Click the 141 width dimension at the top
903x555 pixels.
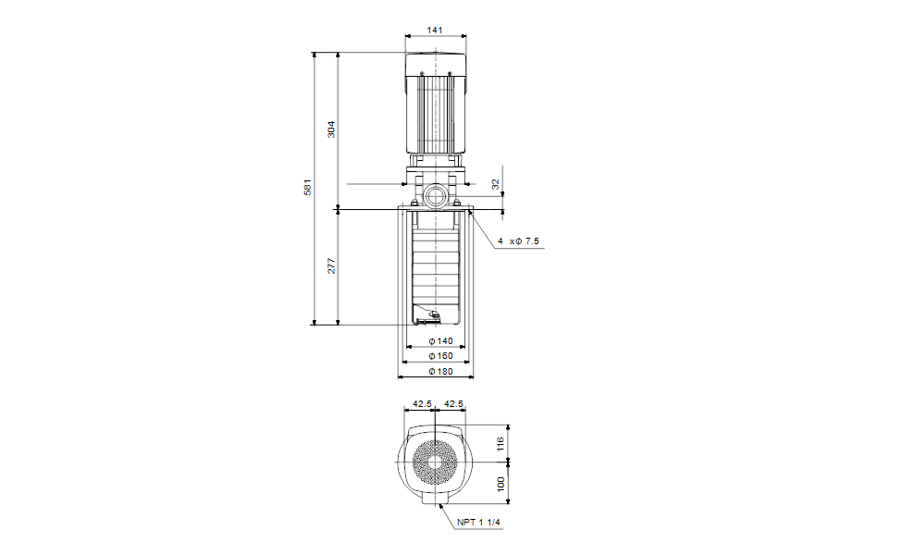point(435,30)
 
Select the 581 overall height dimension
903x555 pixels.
point(307,187)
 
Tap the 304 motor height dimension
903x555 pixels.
point(330,129)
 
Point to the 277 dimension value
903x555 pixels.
point(331,266)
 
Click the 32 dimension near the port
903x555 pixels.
point(495,184)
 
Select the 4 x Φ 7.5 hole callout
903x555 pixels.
point(518,241)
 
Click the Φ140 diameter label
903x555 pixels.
point(440,340)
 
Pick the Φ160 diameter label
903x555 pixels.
point(440,356)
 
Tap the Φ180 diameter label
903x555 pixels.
point(440,371)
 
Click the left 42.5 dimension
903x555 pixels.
point(422,404)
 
